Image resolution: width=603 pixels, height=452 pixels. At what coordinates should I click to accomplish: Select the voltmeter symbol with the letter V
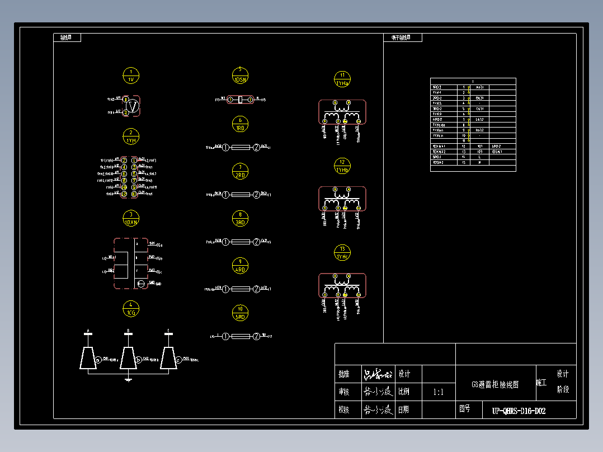133,106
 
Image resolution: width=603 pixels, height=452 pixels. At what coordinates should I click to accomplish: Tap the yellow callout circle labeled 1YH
131,136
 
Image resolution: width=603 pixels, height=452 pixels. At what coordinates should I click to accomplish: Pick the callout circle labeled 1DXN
131,218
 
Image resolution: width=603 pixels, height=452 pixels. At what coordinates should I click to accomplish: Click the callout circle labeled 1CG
131,309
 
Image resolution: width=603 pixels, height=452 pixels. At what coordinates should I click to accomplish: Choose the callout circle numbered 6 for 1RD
240,124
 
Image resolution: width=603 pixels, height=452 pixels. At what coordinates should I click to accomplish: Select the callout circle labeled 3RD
240,218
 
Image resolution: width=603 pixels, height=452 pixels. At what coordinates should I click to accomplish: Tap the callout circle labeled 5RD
240,313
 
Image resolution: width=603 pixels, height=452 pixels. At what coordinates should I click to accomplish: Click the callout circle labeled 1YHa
342,79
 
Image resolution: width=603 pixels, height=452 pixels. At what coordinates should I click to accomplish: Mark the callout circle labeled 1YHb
342,166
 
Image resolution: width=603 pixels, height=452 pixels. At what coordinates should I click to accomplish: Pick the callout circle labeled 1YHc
342,253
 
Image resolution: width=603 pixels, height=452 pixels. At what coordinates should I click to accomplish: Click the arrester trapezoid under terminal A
87,358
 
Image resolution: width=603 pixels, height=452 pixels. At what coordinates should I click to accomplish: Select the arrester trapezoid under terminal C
168,358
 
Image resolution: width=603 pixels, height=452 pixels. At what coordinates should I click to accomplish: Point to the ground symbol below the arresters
128,380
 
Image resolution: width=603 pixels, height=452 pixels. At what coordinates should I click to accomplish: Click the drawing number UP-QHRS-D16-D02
519,411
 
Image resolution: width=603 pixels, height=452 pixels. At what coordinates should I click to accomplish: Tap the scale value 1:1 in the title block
439,392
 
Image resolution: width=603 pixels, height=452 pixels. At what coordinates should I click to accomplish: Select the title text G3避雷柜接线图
495,385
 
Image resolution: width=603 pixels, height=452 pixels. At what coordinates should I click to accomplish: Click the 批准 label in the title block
344,374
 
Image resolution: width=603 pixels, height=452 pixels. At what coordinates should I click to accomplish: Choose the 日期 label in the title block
403,410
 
